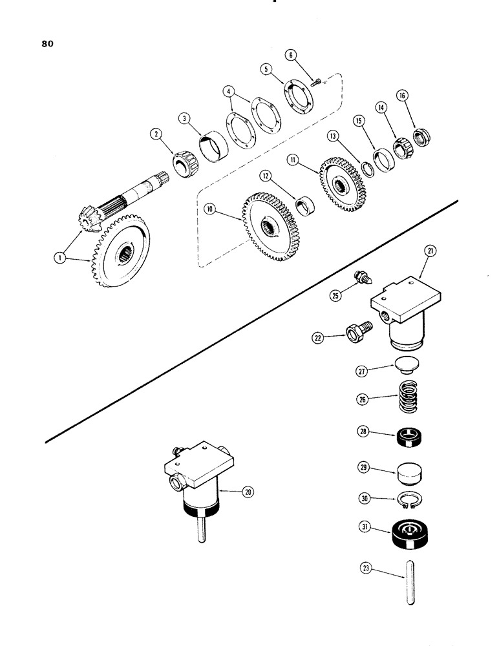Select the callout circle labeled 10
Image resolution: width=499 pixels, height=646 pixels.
pos(209,209)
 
